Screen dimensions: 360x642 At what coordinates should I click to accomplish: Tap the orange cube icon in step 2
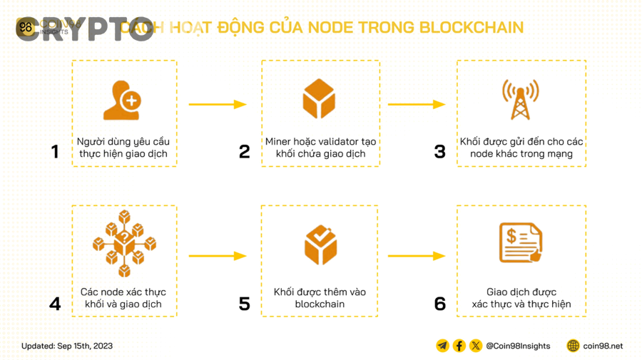click(x=319, y=99)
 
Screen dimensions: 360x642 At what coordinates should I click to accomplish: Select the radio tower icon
click(x=520, y=99)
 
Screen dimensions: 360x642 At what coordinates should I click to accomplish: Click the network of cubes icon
click(x=124, y=243)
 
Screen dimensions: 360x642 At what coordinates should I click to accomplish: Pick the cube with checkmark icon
click(x=320, y=245)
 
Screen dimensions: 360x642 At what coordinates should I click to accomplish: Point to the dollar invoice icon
click(x=520, y=243)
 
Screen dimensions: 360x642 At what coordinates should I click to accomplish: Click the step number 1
click(x=55, y=152)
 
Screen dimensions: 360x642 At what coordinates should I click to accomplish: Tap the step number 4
click(x=55, y=304)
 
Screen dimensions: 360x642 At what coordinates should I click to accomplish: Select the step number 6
click(x=440, y=304)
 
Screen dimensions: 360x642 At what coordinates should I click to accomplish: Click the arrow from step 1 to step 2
click(x=218, y=105)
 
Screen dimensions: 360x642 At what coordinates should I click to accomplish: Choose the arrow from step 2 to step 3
click(x=417, y=105)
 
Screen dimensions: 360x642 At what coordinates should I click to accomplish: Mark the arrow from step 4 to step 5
click(x=218, y=256)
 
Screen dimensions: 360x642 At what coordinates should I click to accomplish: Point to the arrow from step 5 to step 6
click(x=417, y=256)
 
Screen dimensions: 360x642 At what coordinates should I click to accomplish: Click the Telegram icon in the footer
click(x=442, y=346)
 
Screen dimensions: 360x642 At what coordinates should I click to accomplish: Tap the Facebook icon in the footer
click(x=459, y=346)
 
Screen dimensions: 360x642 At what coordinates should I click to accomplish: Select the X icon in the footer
click(x=476, y=346)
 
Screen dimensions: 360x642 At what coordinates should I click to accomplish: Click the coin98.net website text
click(x=603, y=346)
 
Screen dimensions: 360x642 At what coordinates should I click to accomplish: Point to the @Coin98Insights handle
click(x=518, y=346)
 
